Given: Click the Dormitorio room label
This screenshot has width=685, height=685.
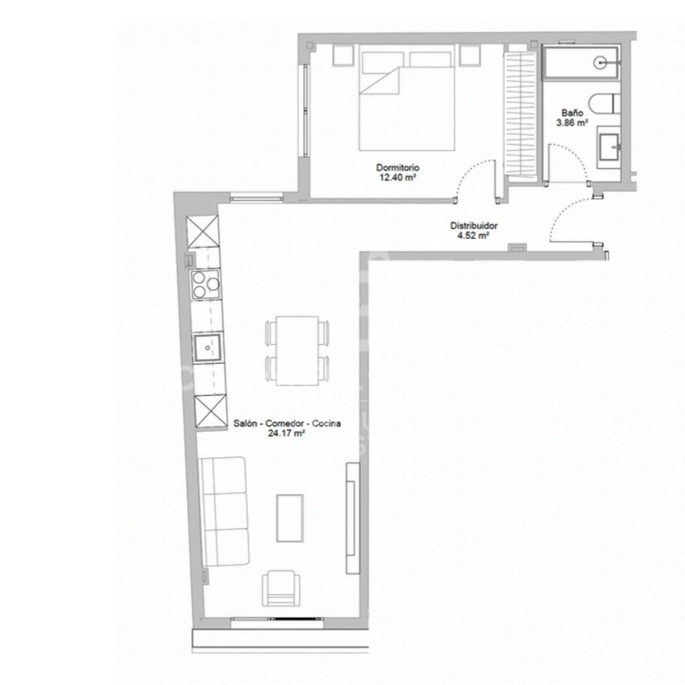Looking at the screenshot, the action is (397, 167).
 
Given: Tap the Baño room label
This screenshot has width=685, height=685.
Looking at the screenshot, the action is (572, 113).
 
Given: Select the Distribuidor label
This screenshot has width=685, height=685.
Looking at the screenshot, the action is (473, 226).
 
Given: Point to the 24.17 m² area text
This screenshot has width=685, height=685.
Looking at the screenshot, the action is (286, 433).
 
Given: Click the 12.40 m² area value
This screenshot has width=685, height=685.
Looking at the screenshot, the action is (397, 177).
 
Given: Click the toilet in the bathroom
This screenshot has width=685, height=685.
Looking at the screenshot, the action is (604, 104).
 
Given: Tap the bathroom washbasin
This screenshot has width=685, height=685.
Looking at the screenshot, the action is (608, 147).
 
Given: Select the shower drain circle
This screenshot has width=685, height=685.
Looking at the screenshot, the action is (600, 63).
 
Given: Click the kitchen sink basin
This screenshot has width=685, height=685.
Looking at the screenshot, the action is (207, 348).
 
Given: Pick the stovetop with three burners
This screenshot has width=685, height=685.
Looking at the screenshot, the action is (205, 285).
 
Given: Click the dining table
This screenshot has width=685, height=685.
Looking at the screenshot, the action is (298, 351).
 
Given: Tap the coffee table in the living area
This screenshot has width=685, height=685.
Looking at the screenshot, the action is (290, 518).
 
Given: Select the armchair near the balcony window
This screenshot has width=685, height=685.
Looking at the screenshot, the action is (282, 588).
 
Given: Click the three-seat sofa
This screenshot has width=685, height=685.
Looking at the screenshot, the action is (224, 511).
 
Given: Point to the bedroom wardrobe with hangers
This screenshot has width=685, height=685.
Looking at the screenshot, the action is (520, 114).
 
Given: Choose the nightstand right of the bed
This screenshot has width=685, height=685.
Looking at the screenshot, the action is (470, 56).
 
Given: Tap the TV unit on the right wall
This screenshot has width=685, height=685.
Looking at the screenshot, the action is (352, 518).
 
